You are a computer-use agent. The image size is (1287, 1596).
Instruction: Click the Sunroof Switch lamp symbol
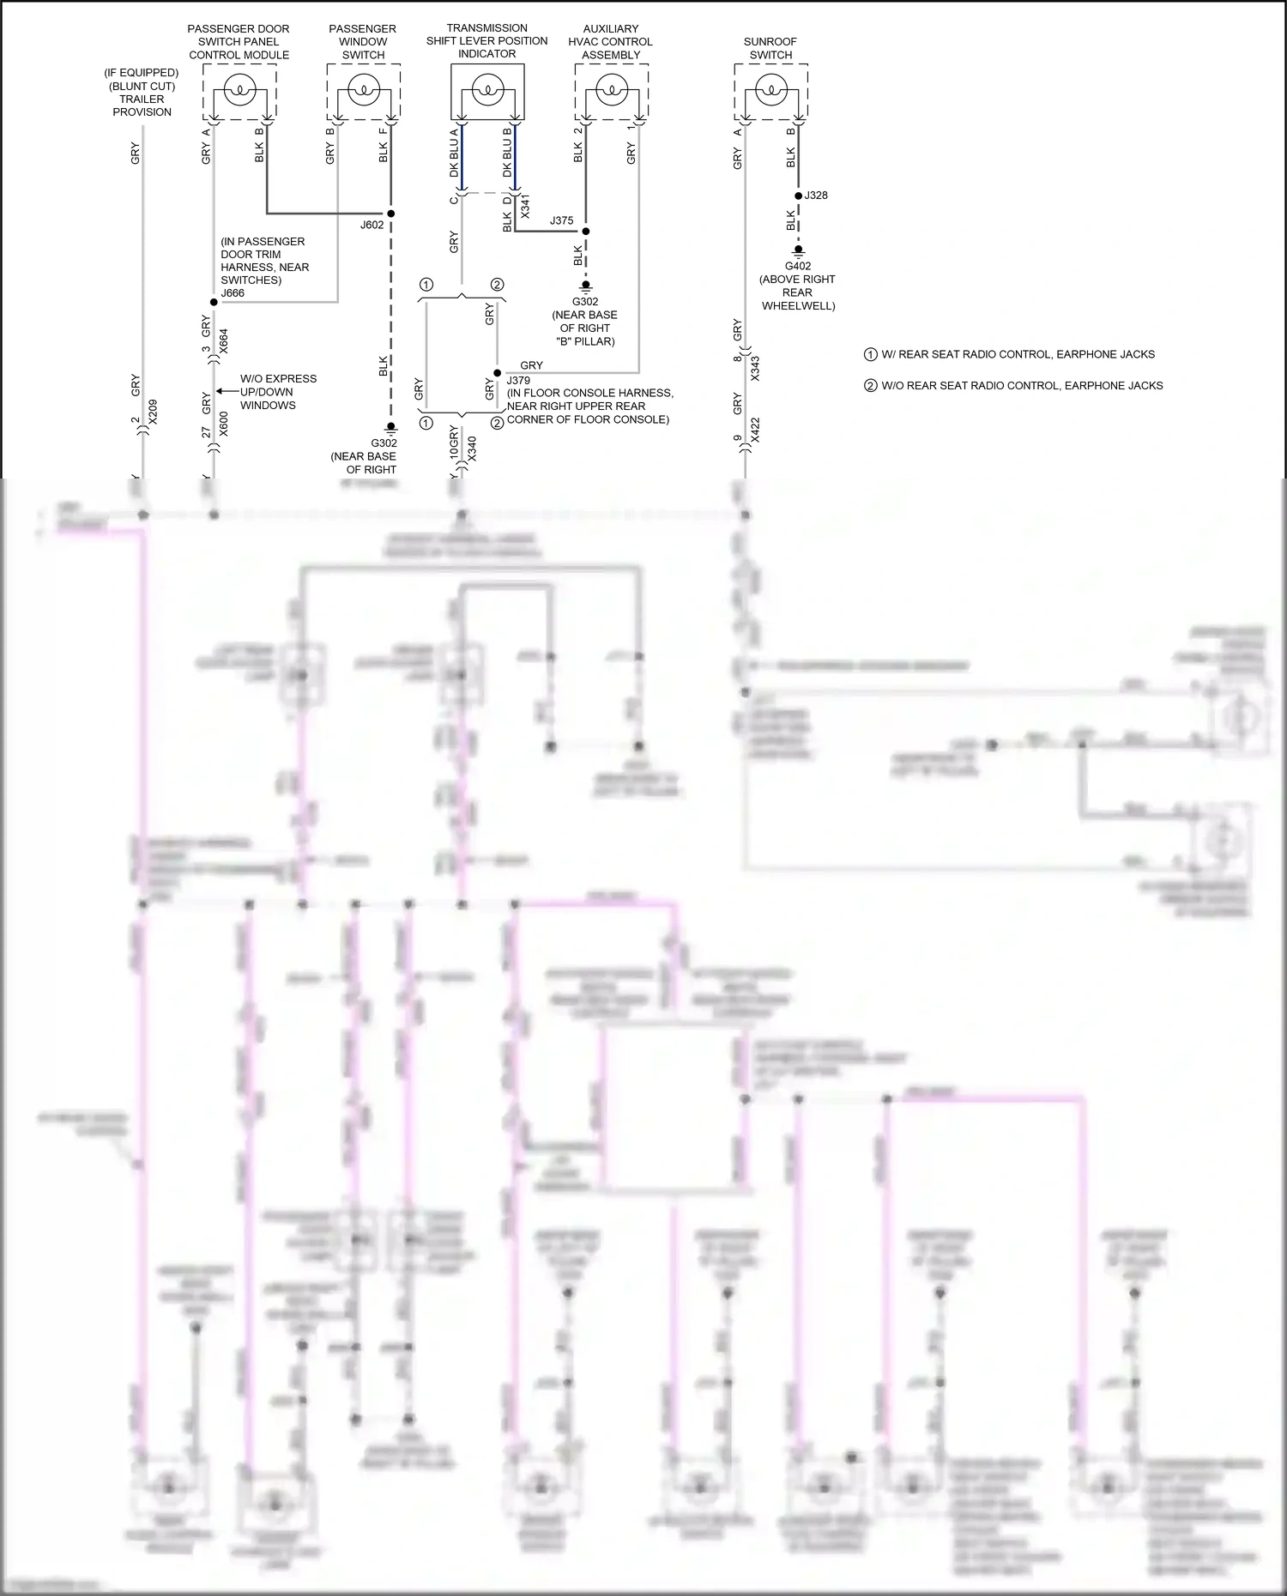[x=770, y=88]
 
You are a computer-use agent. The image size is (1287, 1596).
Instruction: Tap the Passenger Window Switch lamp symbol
[x=364, y=88]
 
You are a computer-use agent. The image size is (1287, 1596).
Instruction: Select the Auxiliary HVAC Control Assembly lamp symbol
[x=611, y=88]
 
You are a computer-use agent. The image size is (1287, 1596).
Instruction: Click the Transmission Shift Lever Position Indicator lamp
[x=487, y=88]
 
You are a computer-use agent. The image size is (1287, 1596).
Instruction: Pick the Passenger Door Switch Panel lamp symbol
[x=239, y=88]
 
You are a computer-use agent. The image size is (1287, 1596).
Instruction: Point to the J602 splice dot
[x=390, y=213]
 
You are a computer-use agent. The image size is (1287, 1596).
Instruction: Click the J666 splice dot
[x=213, y=302]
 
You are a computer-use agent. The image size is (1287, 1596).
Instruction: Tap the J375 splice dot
[x=586, y=231]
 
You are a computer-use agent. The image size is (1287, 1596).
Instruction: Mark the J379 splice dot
[x=496, y=373]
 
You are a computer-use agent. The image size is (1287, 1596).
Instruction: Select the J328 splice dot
[x=798, y=196]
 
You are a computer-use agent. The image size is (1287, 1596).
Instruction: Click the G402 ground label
[x=797, y=266]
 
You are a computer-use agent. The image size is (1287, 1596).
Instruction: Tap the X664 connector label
[x=224, y=340]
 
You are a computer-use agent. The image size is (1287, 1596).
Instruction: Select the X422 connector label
[x=755, y=430]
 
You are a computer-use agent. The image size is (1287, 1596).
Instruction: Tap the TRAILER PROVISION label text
[x=142, y=105]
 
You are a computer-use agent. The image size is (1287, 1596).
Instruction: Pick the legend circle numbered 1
[x=871, y=354]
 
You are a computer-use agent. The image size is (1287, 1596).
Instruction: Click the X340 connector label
[x=471, y=449]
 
